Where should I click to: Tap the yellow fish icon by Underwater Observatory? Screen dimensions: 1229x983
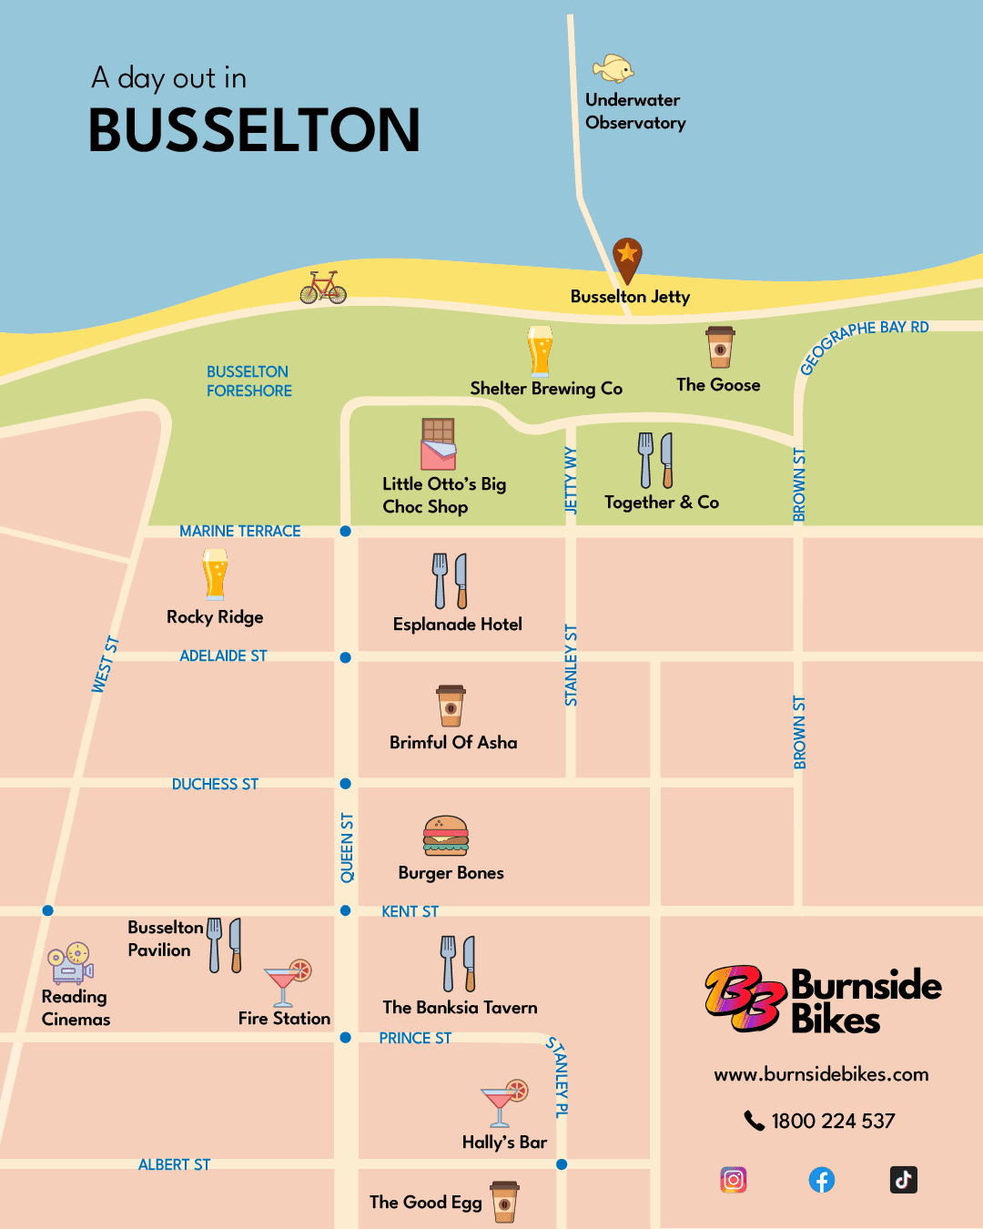click(613, 68)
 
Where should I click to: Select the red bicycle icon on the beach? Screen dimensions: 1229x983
click(323, 288)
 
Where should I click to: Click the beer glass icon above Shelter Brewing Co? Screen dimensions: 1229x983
click(540, 351)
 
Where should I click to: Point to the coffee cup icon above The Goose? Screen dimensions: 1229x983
click(720, 347)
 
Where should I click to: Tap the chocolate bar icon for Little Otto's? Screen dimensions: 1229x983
click(438, 444)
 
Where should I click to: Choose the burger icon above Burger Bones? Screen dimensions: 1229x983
click(446, 836)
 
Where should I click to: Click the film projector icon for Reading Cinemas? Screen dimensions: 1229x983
click(71, 963)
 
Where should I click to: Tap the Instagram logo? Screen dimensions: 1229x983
click(734, 1180)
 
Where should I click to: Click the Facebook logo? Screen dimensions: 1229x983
click(822, 1180)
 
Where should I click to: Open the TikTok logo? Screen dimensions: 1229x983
click(903, 1180)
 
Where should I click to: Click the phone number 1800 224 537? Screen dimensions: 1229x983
click(833, 1121)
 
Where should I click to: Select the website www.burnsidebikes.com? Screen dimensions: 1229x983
click(821, 1074)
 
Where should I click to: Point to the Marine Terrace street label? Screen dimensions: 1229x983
click(239, 531)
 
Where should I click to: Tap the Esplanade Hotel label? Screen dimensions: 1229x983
click(458, 625)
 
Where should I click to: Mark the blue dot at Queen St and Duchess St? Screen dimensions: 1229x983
click(345, 784)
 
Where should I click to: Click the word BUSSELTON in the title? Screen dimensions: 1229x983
click(254, 130)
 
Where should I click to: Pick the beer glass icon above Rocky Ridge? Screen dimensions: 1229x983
click(215, 574)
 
